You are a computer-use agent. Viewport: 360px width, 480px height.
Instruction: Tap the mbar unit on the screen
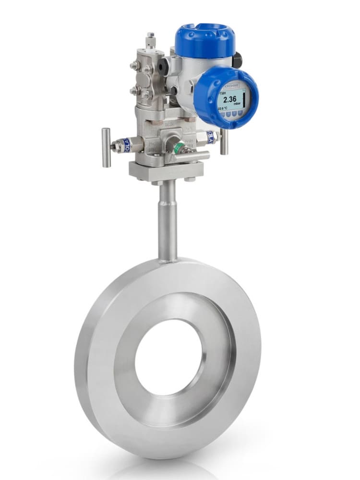pyautogui.click(x=236, y=105)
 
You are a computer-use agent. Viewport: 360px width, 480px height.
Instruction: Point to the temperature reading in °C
pyautogui.click(x=223, y=110)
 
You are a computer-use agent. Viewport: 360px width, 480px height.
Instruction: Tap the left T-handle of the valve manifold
pyautogui.click(x=106, y=147)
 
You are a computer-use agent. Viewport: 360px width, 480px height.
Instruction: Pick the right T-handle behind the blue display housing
pyautogui.click(x=224, y=142)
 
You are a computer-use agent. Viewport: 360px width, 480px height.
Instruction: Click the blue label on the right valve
pyautogui.click(x=210, y=138)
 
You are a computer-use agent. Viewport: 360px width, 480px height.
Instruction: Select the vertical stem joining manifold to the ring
pyautogui.click(x=167, y=221)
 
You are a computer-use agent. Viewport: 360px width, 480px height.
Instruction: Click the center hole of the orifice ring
pyautogui.click(x=168, y=358)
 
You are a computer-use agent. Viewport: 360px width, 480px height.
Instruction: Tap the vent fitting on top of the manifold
pyautogui.click(x=151, y=41)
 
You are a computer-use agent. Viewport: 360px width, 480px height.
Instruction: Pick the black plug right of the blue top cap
pyautogui.click(x=238, y=60)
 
